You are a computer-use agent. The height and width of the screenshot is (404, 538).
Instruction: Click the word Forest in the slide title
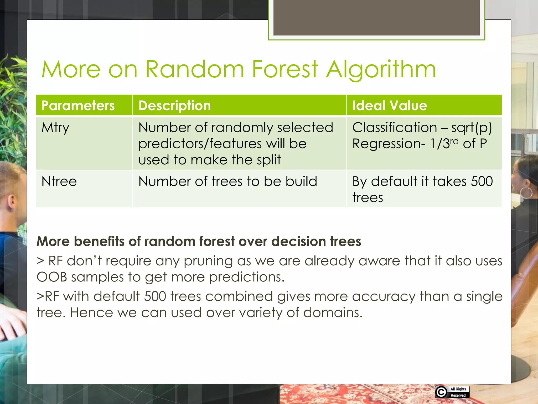(285, 69)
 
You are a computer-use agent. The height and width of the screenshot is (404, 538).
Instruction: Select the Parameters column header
(78, 105)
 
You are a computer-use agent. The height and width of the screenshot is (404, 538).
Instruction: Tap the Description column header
(174, 105)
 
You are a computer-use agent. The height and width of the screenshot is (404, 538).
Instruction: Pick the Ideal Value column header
(389, 105)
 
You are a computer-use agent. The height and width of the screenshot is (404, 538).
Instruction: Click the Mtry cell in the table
(55, 128)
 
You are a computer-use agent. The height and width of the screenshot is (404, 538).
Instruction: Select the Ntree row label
(59, 181)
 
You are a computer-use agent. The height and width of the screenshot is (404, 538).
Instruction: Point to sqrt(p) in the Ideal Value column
(471, 128)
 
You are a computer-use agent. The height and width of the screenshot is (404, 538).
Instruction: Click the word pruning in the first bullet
(208, 261)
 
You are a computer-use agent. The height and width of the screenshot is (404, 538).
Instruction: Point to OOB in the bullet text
(52, 277)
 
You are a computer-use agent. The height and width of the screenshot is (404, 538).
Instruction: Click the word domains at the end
(333, 313)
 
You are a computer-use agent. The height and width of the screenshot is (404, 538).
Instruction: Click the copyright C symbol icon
(441, 392)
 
